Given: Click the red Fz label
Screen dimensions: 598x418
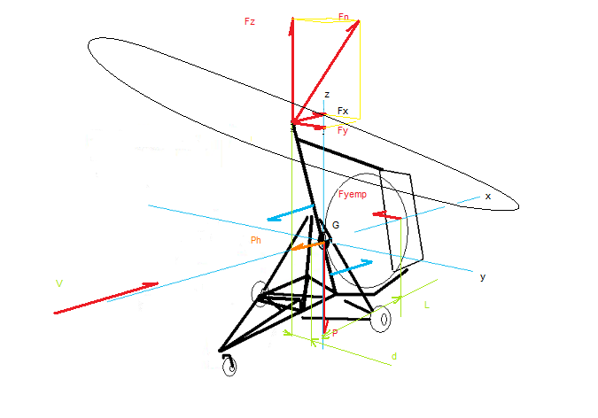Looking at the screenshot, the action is click(250, 22).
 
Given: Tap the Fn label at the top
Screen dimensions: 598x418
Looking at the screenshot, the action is click(343, 17).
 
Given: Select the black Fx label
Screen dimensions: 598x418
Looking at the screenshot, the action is click(343, 111).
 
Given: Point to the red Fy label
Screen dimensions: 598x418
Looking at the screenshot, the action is click(343, 131).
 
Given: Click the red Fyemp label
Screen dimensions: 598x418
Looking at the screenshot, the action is click(353, 195).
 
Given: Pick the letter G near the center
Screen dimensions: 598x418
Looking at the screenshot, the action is click(336, 225).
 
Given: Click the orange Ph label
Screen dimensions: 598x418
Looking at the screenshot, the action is click(256, 240).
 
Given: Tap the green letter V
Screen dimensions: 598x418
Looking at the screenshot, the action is click(59, 283).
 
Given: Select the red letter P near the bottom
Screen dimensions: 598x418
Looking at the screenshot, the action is click(335, 333).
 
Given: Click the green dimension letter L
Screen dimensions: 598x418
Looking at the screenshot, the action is click(427, 305).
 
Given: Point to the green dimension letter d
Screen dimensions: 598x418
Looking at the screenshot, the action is click(394, 356).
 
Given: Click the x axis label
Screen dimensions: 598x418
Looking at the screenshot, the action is click(488, 197).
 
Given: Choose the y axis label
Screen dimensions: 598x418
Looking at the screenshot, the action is click(483, 277).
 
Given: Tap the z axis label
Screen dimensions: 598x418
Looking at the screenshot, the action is click(327, 95).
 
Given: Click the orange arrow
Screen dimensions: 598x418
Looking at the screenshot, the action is click(307, 246).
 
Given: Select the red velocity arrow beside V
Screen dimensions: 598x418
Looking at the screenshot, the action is click(106, 298).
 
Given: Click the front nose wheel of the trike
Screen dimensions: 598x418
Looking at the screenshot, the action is click(230, 367).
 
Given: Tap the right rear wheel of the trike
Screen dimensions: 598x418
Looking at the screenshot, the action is click(382, 319).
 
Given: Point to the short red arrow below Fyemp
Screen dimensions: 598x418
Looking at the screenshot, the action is click(386, 215).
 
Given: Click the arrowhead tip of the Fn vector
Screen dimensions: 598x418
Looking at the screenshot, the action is click(359, 21).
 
